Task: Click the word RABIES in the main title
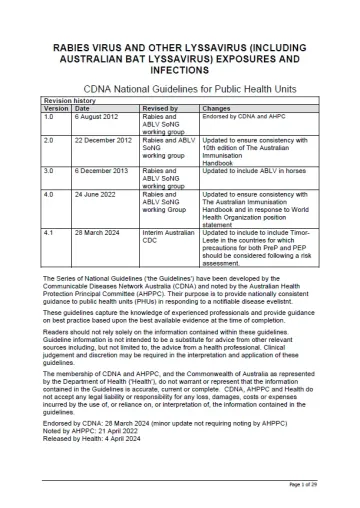click(x=75, y=47)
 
